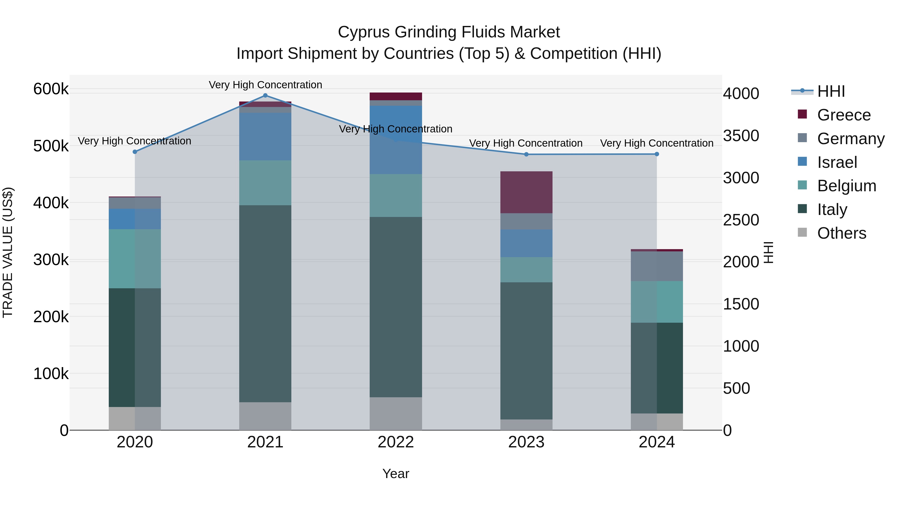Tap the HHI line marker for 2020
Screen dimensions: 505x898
135,152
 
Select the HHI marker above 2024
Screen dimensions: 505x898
657,154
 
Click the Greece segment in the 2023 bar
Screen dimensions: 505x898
526,192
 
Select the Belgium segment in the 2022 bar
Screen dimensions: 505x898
396,196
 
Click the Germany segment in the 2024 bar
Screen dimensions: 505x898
657,266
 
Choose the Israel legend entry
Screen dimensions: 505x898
837,162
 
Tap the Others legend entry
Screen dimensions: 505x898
841,233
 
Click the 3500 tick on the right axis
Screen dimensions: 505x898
741,136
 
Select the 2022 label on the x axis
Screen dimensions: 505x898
396,442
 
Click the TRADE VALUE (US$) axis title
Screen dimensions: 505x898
8,252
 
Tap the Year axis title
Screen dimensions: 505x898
396,474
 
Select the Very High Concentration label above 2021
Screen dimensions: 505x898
265,85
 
